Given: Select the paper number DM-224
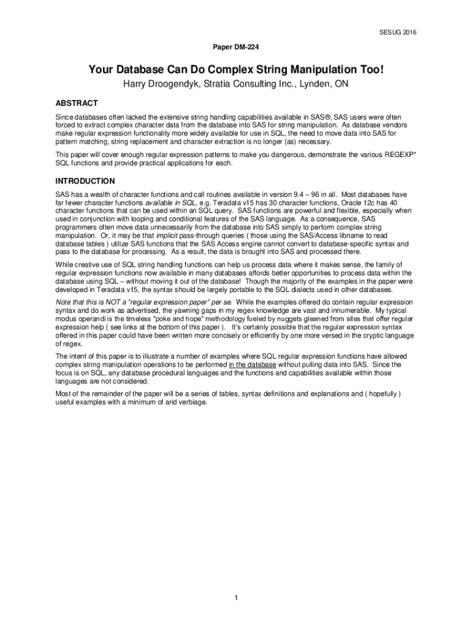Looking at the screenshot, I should (x=235, y=47).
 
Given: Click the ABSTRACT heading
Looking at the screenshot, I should (x=77, y=103).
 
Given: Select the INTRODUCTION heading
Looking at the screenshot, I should (x=85, y=182).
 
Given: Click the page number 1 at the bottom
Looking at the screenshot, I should (x=235, y=597).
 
